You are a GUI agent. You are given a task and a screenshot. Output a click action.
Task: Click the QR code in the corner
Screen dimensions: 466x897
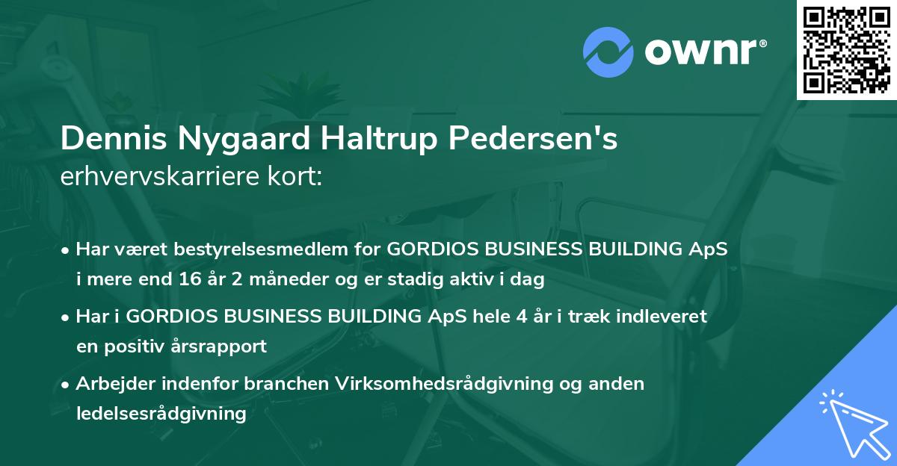(x=846, y=50)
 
